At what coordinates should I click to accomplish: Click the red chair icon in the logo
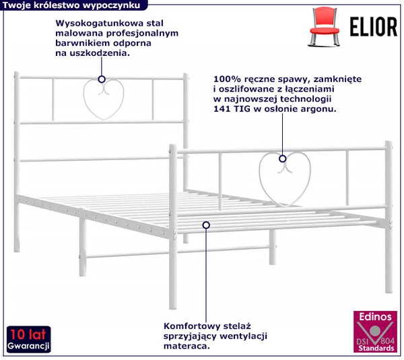click(325, 27)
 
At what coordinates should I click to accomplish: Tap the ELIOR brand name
click(373, 27)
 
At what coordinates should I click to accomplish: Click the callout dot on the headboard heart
click(102, 79)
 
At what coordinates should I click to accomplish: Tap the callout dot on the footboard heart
click(283, 159)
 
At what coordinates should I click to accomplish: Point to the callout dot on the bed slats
click(206, 225)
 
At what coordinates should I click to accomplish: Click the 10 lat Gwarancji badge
click(28, 339)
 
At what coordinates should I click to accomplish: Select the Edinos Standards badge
click(375, 332)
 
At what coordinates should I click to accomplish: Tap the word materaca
click(187, 346)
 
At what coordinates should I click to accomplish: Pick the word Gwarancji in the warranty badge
click(28, 346)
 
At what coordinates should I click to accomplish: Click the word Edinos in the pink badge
click(375, 316)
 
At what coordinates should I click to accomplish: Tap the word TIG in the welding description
click(242, 108)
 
